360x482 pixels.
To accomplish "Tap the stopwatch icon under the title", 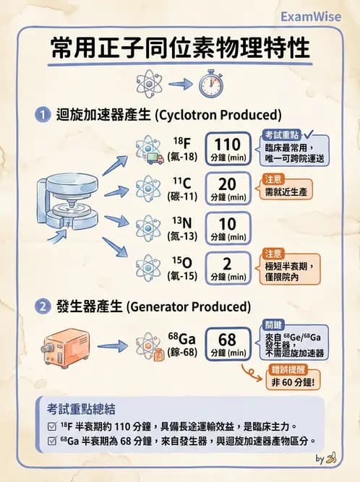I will point(210,83).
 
